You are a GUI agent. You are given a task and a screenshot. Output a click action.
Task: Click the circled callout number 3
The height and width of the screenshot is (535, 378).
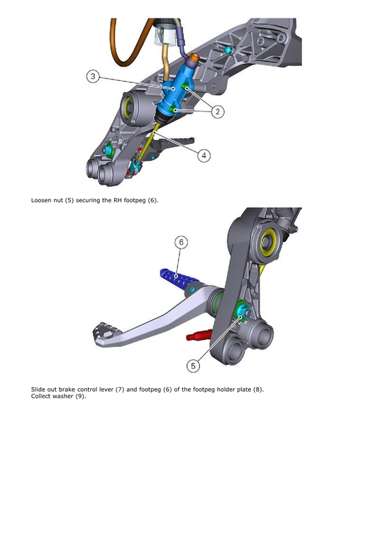click(94, 76)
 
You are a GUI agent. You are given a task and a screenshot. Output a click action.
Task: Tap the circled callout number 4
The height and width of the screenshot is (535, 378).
click(204, 155)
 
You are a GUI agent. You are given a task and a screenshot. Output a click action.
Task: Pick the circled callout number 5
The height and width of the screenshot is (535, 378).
click(194, 365)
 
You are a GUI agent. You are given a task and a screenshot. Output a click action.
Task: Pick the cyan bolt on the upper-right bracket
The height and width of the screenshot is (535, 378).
click(228, 50)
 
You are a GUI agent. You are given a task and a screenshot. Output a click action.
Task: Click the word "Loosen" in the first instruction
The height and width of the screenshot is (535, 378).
click(43, 201)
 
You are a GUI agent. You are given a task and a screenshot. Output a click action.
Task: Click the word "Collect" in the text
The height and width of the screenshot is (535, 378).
click(41, 395)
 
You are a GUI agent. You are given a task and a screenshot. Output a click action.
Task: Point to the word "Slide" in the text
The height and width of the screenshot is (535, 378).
click(39, 389)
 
